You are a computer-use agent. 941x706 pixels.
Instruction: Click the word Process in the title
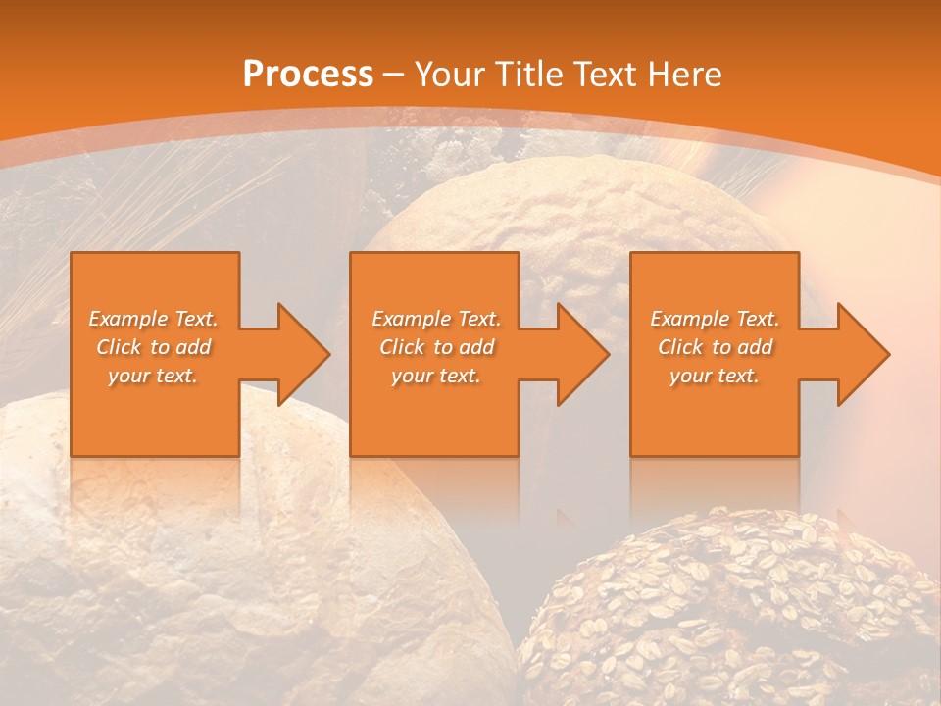click(x=308, y=75)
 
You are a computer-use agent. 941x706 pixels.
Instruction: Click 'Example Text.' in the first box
click(x=153, y=319)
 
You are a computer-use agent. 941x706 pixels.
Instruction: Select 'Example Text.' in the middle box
click(x=436, y=319)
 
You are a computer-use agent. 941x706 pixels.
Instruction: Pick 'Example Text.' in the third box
click(x=715, y=319)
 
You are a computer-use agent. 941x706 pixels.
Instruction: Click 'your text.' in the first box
click(x=153, y=376)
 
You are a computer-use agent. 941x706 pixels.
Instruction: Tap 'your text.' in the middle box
click(x=436, y=376)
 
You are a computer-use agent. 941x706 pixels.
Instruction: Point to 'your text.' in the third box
click(x=715, y=376)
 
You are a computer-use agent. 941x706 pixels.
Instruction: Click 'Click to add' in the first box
click(x=153, y=347)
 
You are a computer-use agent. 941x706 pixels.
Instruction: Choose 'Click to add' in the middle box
click(x=436, y=347)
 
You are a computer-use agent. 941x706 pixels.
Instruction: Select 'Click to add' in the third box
click(x=715, y=347)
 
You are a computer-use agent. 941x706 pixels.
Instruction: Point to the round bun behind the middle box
click(x=569, y=226)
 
